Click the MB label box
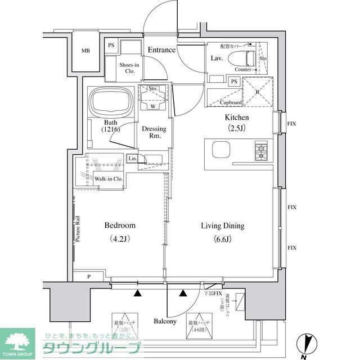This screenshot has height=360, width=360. click(x=85, y=51)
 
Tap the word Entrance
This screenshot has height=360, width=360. click(x=161, y=50)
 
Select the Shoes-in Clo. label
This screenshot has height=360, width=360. click(x=129, y=68)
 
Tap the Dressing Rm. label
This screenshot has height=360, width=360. click(x=154, y=132)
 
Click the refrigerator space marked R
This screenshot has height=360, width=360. click(x=257, y=92)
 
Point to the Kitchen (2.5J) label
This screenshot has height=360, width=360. click(x=237, y=122)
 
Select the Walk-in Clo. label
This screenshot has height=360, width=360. click(x=108, y=179)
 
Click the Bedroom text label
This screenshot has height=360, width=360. click(x=120, y=226)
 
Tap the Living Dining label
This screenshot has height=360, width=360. click(x=223, y=226)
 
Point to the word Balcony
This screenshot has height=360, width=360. click(x=165, y=322)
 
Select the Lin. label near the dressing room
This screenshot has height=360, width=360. click(x=133, y=159)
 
